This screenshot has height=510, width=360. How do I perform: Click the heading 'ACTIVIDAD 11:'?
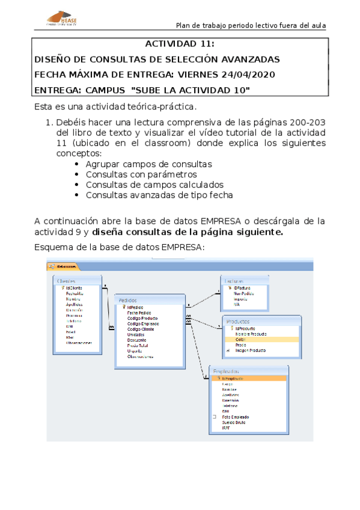click(180, 45)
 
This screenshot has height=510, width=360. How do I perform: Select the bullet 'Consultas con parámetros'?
click(133, 174)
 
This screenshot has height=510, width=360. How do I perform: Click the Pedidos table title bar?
click(149, 299)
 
